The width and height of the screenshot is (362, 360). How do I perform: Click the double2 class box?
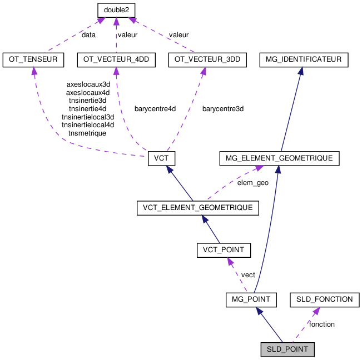click(x=116, y=10)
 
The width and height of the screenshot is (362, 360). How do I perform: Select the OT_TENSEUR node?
click(x=33, y=60)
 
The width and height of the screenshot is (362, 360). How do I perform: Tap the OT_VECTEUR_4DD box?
click(x=116, y=60)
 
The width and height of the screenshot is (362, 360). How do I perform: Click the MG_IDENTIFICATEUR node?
click(x=304, y=60)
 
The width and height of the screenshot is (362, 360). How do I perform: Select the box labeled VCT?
click(x=162, y=158)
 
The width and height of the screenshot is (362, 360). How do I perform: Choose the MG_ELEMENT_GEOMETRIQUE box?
click(x=279, y=158)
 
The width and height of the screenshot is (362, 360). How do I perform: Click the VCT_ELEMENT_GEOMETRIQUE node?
click(x=198, y=208)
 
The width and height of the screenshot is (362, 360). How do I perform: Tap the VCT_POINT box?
click(x=224, y=251)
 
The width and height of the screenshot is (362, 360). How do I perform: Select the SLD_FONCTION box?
click(x=324, y=299)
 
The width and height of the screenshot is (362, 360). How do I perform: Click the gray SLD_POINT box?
click(x=287, y=349)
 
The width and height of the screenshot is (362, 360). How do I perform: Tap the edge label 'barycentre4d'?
click(x=155, y=109)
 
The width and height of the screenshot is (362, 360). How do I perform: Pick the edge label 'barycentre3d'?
click(x=223, y=109)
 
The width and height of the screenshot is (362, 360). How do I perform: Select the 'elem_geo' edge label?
click(x=253, y=182)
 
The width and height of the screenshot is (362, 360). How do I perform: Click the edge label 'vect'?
click(x=248, y=274)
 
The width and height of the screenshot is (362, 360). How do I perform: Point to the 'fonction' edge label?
click(x=322, y=324)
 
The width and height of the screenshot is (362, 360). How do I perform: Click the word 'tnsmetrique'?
click(x=87, y=133)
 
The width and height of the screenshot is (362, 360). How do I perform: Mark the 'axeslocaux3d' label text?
click(x=88, y=84)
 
